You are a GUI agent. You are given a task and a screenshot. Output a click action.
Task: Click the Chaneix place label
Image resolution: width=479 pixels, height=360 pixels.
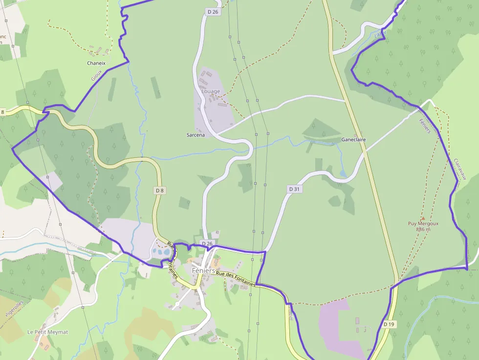[x=96, y=63]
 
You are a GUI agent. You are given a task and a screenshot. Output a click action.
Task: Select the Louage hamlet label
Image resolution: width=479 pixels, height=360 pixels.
[x=211, y=91]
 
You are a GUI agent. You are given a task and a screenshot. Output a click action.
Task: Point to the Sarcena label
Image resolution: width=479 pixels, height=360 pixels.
[x=196, y=134]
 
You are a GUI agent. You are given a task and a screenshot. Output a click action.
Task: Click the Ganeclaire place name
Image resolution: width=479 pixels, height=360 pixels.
[x=353, y=140]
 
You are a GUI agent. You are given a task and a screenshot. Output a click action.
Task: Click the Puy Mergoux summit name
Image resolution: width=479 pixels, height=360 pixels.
[x=423, y=224]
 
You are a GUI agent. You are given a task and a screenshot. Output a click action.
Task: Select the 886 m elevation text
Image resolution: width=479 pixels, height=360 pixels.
[x=423, y=229]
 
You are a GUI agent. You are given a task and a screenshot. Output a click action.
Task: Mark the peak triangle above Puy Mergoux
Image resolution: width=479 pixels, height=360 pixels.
[x=423, y=218]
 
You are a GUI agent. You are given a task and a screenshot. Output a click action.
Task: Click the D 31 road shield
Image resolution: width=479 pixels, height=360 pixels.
[x=293, y=189]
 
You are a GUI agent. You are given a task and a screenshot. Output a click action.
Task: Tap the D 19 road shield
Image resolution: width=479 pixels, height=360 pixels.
[x=389, y=324]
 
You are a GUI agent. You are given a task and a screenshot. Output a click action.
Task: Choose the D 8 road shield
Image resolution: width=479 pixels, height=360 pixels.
[x=159, y=190]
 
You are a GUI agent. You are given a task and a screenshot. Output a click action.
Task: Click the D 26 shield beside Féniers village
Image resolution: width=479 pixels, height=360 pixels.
[x=207, y=243]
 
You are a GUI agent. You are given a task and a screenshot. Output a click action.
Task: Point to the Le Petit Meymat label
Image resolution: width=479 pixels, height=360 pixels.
[x=48, y=332]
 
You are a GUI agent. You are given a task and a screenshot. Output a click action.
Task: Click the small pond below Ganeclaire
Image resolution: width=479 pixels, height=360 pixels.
[x=343, y=173]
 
